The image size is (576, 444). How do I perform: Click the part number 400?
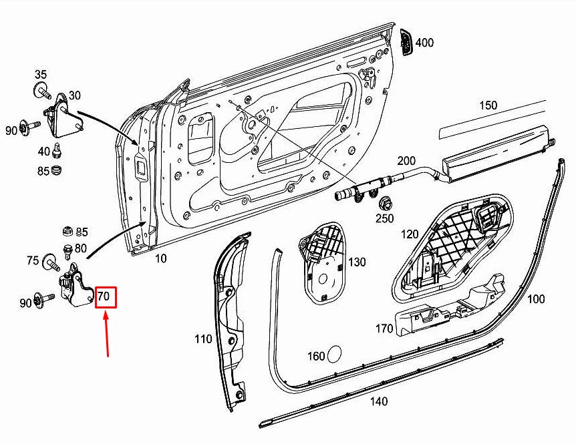coord(424,43)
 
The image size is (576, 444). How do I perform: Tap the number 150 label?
coord(488,105)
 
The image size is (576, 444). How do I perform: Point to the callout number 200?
coord(406,161)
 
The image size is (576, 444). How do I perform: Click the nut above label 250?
coord(384,204)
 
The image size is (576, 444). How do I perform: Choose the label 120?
coord(410,234)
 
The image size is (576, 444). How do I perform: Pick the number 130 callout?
coord(357,262)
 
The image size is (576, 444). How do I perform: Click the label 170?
coord(384,328)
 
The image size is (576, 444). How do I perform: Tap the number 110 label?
coord(203,339)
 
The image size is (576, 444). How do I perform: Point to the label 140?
coord(379,401)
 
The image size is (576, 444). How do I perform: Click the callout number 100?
coord(536,299)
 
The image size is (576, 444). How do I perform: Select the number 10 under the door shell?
coord(161,258)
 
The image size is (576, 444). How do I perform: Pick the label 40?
coord(43,151)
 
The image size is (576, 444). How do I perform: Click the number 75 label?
coord(33,261)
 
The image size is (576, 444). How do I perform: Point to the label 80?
coord(80,248)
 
